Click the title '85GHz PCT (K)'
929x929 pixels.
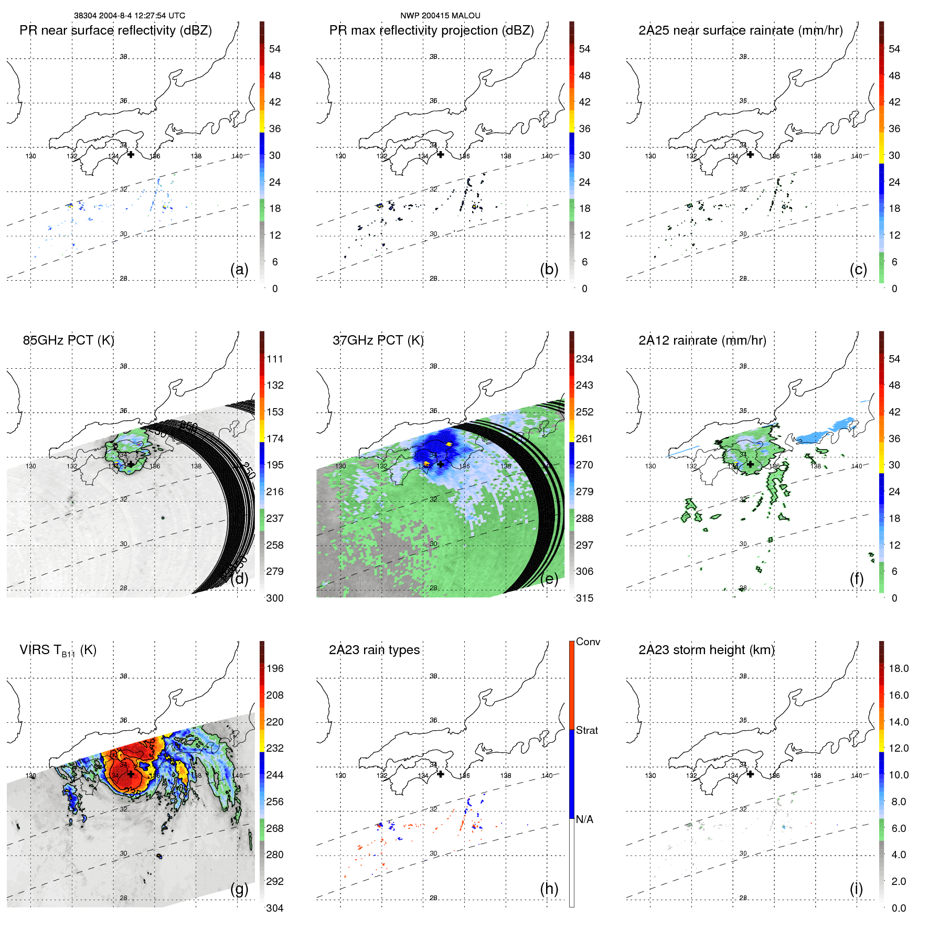[68, 340]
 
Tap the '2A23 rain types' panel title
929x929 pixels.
[374, 650]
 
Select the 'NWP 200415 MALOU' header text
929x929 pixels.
[440, 16]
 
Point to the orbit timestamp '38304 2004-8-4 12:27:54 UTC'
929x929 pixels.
[130, 16]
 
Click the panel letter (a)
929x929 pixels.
[239, 269]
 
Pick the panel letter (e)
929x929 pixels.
[549, 579]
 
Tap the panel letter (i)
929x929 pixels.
[856, 889]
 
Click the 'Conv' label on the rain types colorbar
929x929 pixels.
[588, 642]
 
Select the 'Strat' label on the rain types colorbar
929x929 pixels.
[587, 730]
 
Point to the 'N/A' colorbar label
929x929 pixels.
[585, 819]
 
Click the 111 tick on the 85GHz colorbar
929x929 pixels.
[275, 359]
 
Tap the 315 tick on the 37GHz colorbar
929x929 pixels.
[584, 598]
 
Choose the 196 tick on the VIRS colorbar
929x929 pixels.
[275, 669]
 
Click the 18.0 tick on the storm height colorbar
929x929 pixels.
[899, 669]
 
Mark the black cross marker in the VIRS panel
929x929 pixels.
[131, 774]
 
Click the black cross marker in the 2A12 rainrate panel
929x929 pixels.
[750, 464]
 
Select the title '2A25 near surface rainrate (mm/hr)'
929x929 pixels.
[740, 30]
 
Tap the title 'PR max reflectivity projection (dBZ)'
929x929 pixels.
[431, 30]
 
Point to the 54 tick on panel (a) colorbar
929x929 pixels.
[275, 49]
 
